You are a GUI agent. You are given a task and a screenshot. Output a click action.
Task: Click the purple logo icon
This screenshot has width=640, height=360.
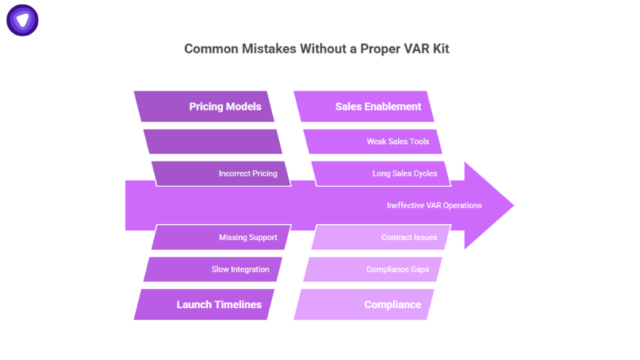[x=23, y=20]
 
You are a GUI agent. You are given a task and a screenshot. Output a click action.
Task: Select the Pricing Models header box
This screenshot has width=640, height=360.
[x=205, y=107]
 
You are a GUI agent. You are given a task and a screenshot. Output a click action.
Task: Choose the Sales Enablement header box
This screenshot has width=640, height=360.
[x=365, y=107]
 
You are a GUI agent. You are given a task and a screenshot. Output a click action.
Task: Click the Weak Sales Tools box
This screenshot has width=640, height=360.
[x=373, y=142]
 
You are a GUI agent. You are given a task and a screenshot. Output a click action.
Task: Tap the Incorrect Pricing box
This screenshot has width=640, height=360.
[x=222, y=174]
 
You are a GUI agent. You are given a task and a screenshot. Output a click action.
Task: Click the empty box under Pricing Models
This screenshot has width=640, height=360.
[x=213, y=142]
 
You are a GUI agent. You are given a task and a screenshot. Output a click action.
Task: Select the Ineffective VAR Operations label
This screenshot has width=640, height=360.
[x=434, y=205]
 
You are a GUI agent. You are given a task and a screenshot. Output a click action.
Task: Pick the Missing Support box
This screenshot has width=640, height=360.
[x=222, y=237]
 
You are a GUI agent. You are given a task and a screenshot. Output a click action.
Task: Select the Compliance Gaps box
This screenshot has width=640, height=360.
[x=373, y=269]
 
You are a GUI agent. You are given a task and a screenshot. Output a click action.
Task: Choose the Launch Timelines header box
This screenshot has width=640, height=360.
[x=205, y=305]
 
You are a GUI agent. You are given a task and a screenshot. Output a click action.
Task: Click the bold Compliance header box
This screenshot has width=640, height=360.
[x=365, y=305]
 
